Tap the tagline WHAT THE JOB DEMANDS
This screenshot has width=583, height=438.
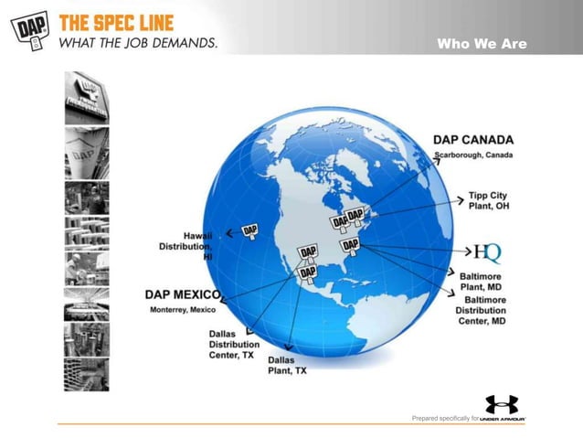click(x=138, y=43)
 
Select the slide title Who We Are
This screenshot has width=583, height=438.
click(x=482, y=43)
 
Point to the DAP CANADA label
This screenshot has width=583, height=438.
click(x=472, y=140)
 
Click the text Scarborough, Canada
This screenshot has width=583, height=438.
click(x=472, y=155)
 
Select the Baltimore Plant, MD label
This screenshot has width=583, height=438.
click(x=484, y=280)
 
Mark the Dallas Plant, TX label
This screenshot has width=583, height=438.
click(x=287, y=365)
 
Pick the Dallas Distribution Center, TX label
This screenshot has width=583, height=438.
click(x=233, y=344)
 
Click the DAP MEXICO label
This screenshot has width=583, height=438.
click(x=183, y=294)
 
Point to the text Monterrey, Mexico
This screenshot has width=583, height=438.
click(x=183, y=310)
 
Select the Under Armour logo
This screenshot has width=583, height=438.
click(x=502, y=405)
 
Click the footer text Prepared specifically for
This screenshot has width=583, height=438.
click(x=444, y=418)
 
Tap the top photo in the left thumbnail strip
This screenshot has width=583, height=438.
click(x=86, y=97)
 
